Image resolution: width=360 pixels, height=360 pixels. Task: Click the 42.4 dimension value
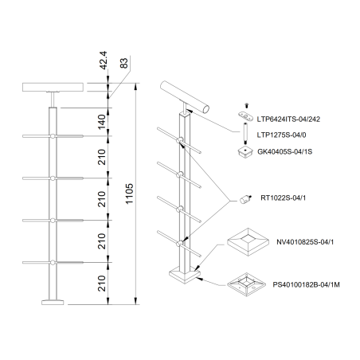pyautogui.click(x=103, y=61)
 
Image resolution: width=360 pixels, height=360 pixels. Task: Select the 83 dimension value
pyautogui.click(x=123, y=63)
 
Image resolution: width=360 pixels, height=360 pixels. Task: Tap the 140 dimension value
pyautogui.click(x=102, y=122)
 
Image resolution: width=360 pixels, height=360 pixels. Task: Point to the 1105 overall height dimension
pyautogui.click(x=129, y=194)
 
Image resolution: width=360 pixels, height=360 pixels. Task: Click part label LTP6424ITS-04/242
pyautogui.click(x=288, y=119)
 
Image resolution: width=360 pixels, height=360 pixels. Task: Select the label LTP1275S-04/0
pyautogui.click(x=281, y=135)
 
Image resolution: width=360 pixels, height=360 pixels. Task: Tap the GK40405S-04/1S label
pyautogui.click(x=284, y=152)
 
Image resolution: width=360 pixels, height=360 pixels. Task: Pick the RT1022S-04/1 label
pyautogui.click(x=283, y=198)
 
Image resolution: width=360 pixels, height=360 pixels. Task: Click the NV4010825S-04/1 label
pyautogui.click(x=305, y=242)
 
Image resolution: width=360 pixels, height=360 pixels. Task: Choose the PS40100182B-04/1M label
pyautogui.click(x=306, y=285)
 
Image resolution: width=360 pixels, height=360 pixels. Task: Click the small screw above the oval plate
pyautogui.click(x=246, y=106)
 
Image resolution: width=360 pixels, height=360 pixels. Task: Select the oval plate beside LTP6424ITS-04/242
pyautogui.click(x=245, y=116)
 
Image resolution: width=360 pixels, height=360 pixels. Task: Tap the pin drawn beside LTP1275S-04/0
pyautogui.click(x=245, y=133)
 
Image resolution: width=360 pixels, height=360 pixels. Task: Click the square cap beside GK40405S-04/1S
pyautogui.click(x=245, y=152)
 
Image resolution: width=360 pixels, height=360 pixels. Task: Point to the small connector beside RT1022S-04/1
pyautogui.click(x=245, y=199)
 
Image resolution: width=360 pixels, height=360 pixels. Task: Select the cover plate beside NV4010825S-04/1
pyautogui.click(x=248, y=242)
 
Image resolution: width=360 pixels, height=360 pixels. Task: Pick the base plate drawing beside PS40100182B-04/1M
pyautogui.click(x=246, y=284)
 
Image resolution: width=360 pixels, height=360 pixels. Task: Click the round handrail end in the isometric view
pyautogui.click(x=205, y=109)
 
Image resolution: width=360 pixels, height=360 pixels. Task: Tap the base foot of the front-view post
pyautogui.click(x=53, y=302)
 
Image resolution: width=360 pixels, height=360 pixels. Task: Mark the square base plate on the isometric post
pyautogui.click(x=185, y=276)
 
